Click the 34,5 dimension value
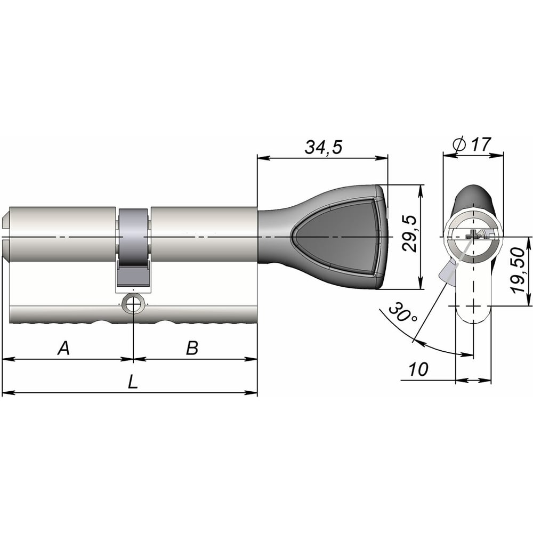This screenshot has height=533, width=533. click(x=324, y=147)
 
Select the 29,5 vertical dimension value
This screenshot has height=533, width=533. click(x=409, y=233)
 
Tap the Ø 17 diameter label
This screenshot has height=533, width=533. click(x=472, y=144)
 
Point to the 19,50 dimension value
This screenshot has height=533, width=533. click(x=519, y=270)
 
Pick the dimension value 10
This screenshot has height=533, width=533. click(x=418, y=369)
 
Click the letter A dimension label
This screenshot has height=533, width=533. click(x=63, y=348)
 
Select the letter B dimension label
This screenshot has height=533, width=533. click(x=192, y=348)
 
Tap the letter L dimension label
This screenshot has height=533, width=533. click(x=133, y=382)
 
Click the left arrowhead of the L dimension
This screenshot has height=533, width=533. click(x=8, y=393)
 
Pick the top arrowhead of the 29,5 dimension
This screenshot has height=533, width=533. click(x=421, y=191)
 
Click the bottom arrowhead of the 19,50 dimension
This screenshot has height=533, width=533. click(x=529, y=300)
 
